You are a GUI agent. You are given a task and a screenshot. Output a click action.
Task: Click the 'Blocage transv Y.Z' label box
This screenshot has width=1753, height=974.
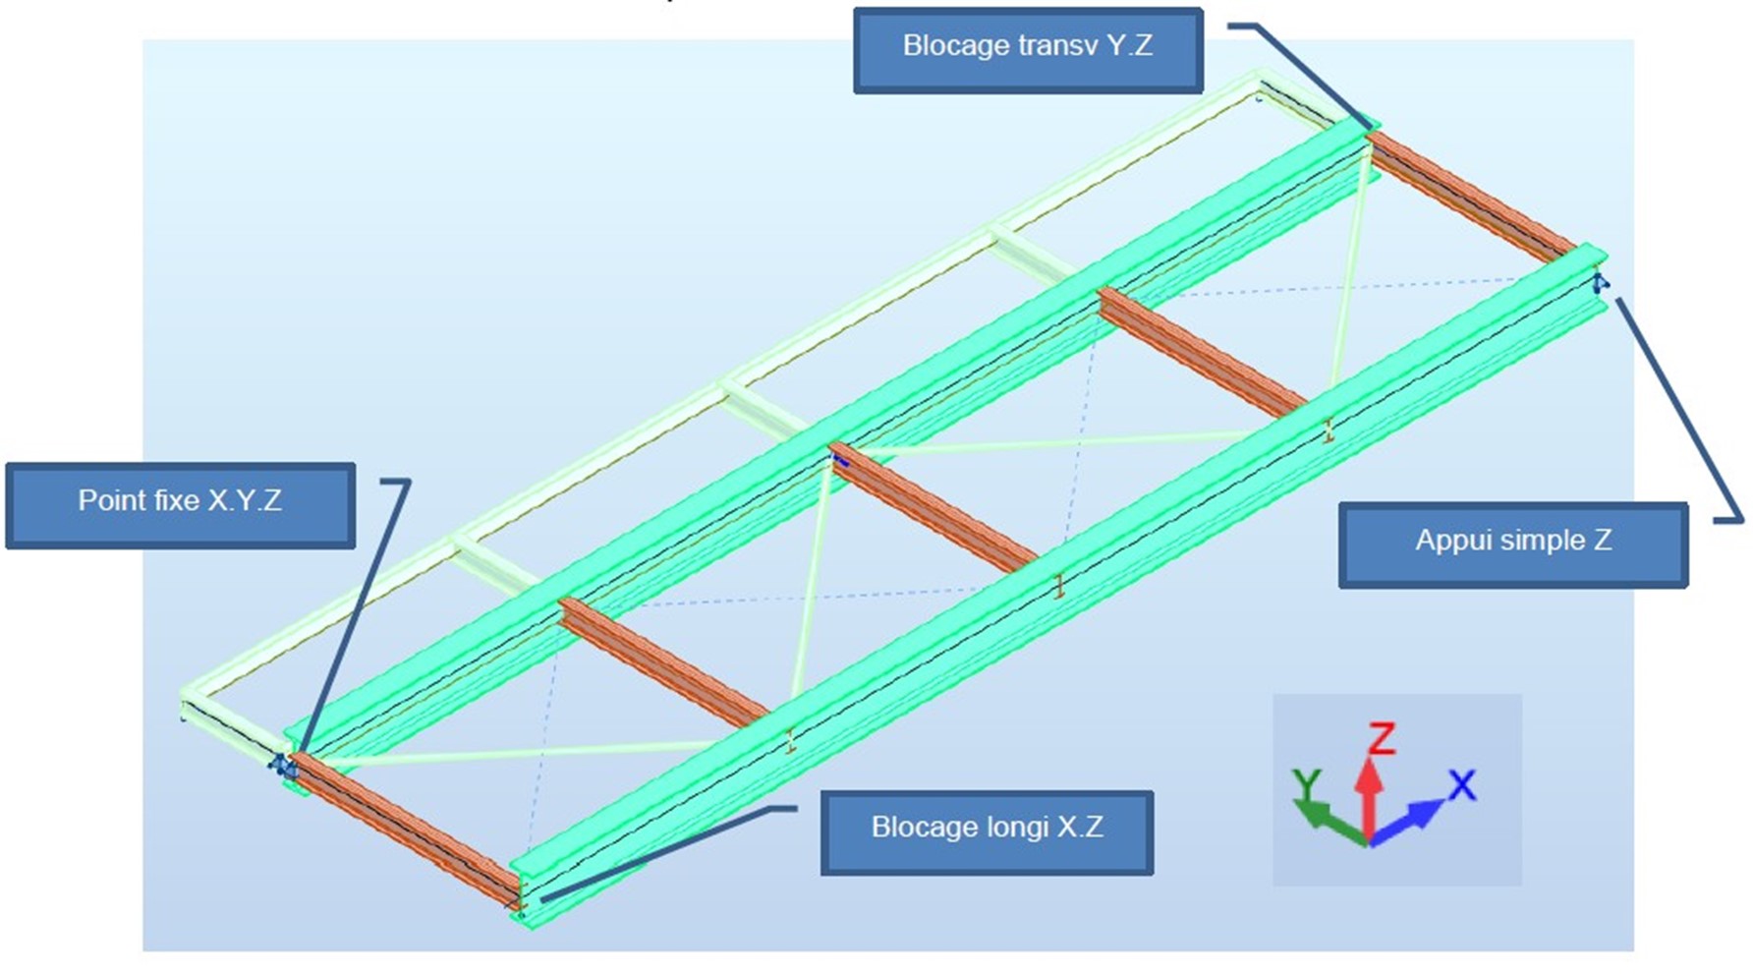(1028, 49)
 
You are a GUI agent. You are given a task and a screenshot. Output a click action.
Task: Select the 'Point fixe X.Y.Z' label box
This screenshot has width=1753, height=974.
(180, 504)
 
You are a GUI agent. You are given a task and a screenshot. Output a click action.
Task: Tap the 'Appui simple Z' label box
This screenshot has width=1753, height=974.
(1512, 544)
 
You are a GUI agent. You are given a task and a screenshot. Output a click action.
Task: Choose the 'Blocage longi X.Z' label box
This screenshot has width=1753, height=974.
(987, 831)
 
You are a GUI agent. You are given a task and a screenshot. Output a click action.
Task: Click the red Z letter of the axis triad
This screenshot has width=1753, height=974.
(1382, 738)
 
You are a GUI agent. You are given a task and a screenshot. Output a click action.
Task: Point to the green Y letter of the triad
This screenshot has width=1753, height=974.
(1306, 784)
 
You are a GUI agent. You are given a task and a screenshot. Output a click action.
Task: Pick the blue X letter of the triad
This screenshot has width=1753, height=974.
(1461, 785)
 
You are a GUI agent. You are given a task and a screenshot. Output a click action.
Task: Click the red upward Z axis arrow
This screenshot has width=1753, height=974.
(1368, 796)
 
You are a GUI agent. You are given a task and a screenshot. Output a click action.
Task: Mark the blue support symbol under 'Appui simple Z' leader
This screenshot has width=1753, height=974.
(1600, 284)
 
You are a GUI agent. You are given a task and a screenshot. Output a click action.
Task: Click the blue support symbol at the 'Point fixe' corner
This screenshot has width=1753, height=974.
(281, 765)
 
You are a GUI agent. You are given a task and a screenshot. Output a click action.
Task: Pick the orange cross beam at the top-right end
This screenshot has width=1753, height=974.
(1470, 197)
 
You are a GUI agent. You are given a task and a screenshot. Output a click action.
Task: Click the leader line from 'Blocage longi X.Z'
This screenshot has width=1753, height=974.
(668, 851)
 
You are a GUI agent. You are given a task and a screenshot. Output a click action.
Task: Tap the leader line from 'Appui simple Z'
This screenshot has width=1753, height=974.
(1675, 408)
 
